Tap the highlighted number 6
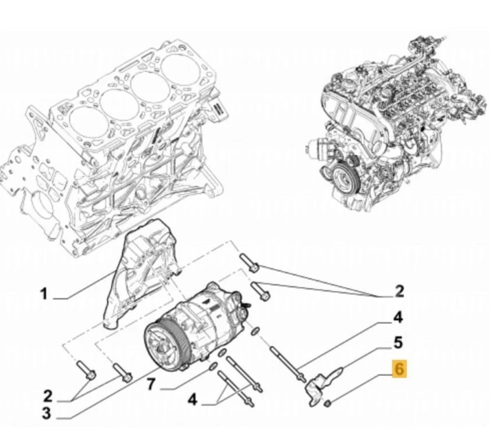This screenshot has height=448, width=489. click(399, 369)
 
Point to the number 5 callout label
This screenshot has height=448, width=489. click(397, 342)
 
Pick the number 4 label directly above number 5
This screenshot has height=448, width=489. click(397, 317)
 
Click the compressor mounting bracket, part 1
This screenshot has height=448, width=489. click(141, 275)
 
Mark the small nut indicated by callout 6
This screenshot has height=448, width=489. click(328, 403)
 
